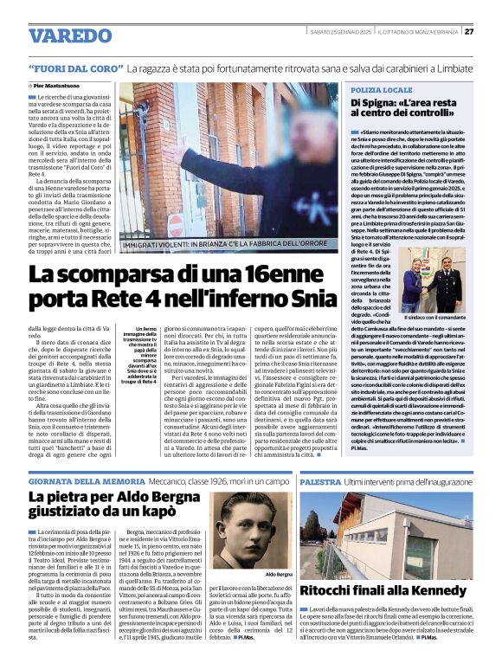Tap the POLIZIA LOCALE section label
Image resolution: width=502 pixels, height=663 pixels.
coord(381,89)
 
